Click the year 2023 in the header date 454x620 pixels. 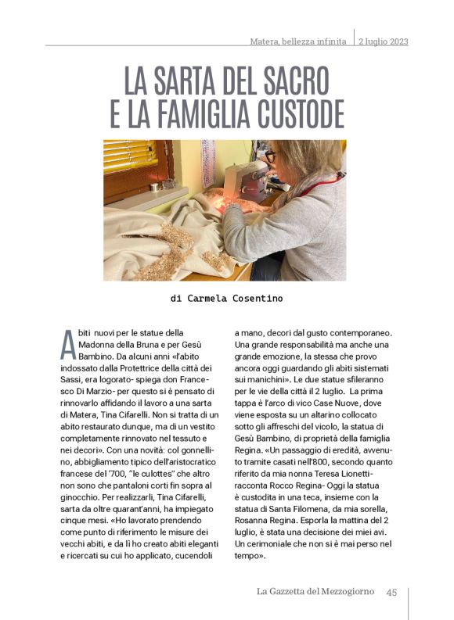coord(396,41)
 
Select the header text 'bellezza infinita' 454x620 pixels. coord(316,41)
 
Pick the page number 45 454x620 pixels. coord(392,592)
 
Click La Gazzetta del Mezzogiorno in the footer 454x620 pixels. coord(316,592)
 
